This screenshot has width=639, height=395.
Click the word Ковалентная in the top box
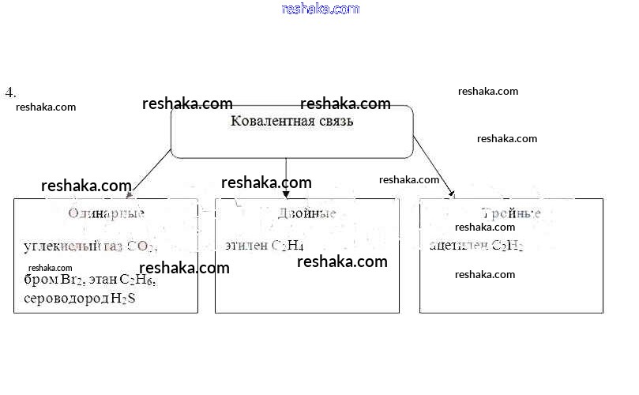pyautogui.click(x=265, y=122)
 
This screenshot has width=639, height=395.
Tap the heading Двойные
pyautogui.click(x=307, y=213)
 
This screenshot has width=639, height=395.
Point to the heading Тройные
pyautogui.click(x=512, y=213)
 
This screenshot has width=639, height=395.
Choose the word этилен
pyautogui.click(x=246, y=246)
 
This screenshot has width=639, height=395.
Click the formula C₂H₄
pyautogui.click(x=288, y=246)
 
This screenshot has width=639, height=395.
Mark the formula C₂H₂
pyautogui.click(x=507, y=246)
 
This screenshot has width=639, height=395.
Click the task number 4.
pyautogui.click(x=10, y=92)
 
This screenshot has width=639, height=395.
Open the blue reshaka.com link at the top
pyautogui.click(x=320, y=9)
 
